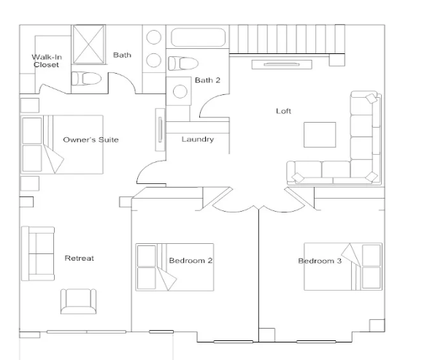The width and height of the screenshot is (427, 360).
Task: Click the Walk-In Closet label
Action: point(47,61)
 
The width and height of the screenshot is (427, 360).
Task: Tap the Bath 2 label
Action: point(207,80)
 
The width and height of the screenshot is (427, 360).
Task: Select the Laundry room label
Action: point(198,139)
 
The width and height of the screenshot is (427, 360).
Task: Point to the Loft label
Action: point(283,111)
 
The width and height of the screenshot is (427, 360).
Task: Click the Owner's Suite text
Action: point(91,139)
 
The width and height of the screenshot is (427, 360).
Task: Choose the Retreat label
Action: point(80,258)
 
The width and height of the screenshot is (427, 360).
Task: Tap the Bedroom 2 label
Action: point(191,261)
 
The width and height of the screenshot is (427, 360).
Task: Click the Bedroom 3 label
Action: point(320,261)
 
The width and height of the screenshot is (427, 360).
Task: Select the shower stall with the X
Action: point(89,45)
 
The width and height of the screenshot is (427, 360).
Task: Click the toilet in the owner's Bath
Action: point(86,79)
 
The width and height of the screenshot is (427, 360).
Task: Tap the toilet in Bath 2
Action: point(183,64)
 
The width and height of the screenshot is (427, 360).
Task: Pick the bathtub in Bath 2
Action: point(198,37)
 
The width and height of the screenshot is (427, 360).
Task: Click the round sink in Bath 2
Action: point(180,91)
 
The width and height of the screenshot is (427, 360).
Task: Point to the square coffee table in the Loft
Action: point(320,134)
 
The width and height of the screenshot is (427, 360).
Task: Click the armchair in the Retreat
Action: point(78,301)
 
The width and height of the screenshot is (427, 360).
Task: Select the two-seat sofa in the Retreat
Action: point(38,253)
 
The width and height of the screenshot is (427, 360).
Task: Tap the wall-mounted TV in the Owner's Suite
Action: point(160,129)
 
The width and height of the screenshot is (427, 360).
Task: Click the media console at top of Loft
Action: point(282,64)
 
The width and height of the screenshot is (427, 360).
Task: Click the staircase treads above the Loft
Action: point(288,39)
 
